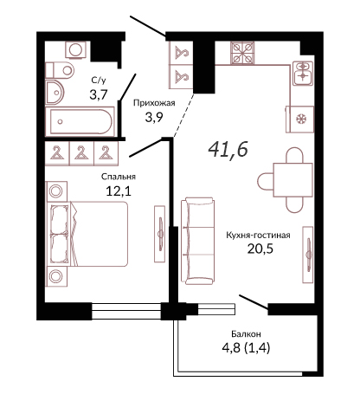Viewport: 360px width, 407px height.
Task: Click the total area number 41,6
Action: click(228, 150)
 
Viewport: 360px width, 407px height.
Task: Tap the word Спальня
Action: click(119, 177)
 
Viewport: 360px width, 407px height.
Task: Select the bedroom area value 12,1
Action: click(119, 191)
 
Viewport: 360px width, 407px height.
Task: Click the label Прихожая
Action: click(154, 103)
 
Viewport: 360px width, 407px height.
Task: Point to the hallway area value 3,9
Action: click(154, 117)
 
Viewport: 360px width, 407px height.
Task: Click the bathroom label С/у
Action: click(99, 81)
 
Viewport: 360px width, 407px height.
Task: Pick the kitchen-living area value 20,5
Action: click(260, 249)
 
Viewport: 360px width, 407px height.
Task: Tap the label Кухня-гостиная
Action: click(258, 236)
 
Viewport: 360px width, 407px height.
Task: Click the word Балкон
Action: click(246, 334)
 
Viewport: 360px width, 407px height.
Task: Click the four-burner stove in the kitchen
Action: click(242, 53)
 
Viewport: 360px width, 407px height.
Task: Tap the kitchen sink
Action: click(303, 73)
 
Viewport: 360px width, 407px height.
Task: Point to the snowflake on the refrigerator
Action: click(303, 119)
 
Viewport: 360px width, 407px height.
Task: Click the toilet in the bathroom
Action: click(60, 70)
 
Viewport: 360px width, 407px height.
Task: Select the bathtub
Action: click(80, 121)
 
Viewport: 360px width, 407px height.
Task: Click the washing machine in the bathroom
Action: click(76, 49)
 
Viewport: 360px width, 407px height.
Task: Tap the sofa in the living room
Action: click(198, 241)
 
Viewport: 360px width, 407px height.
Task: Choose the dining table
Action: click(292, 180)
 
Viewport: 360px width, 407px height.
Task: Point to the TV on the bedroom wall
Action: click(160, 234)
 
